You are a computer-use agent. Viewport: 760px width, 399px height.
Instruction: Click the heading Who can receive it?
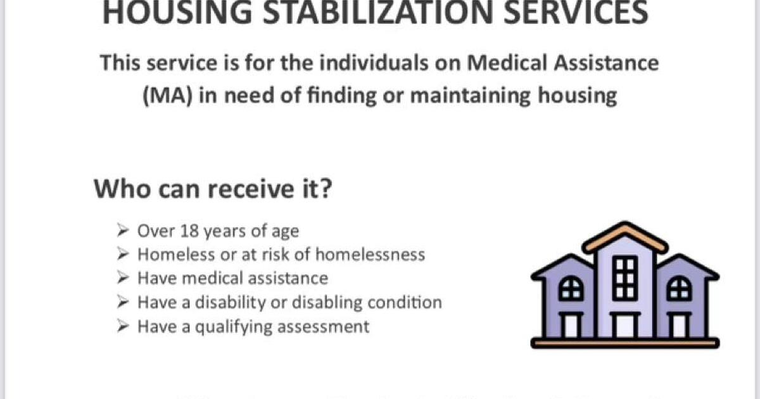click(213, 188)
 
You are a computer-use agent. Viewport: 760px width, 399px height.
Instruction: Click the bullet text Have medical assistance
click(232, 278)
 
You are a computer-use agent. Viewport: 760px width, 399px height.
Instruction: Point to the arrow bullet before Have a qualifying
click(124, 326)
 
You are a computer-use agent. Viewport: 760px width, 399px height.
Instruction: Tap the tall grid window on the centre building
click(625, 277)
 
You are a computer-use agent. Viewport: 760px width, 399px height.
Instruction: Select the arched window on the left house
click(571, 290)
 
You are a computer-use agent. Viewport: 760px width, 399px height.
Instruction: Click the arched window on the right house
click(680, 290)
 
